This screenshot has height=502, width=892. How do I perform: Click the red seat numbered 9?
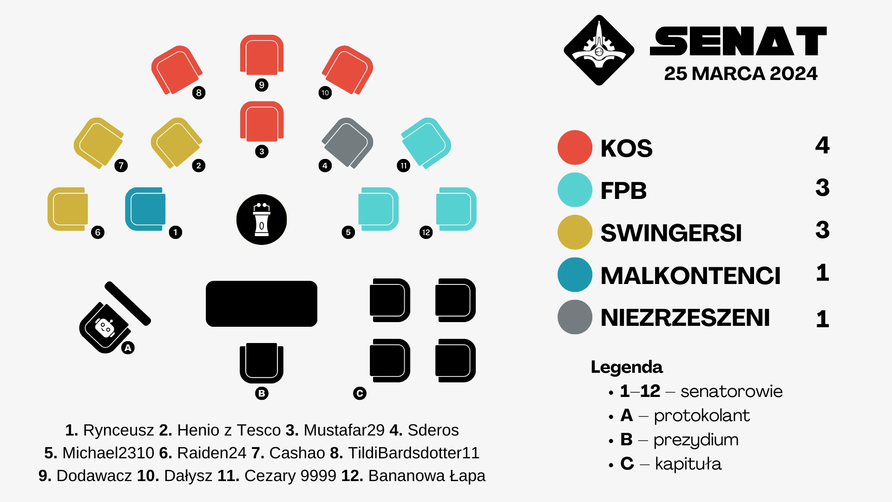262,55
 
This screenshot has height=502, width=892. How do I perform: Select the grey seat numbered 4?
347,143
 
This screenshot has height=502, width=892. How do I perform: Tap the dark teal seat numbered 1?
145,209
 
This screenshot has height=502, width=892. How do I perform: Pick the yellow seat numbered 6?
68,209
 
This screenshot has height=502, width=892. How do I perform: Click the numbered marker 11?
403,165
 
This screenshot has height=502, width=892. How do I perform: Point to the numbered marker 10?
325,92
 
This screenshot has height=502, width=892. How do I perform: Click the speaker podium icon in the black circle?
262,219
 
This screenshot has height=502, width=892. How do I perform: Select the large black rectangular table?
262,304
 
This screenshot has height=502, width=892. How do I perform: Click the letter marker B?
262,393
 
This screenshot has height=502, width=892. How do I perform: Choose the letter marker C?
360,393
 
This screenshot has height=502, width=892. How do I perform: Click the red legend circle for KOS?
575,148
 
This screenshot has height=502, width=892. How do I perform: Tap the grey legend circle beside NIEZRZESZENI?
575,317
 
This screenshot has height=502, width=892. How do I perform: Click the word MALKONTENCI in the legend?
690,276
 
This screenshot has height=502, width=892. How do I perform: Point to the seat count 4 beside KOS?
822,145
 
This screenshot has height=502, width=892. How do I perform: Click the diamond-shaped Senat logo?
599,50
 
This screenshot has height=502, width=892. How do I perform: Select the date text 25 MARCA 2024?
741,73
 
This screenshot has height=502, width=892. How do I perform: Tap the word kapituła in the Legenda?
688,463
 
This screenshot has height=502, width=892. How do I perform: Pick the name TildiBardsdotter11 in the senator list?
413,453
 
